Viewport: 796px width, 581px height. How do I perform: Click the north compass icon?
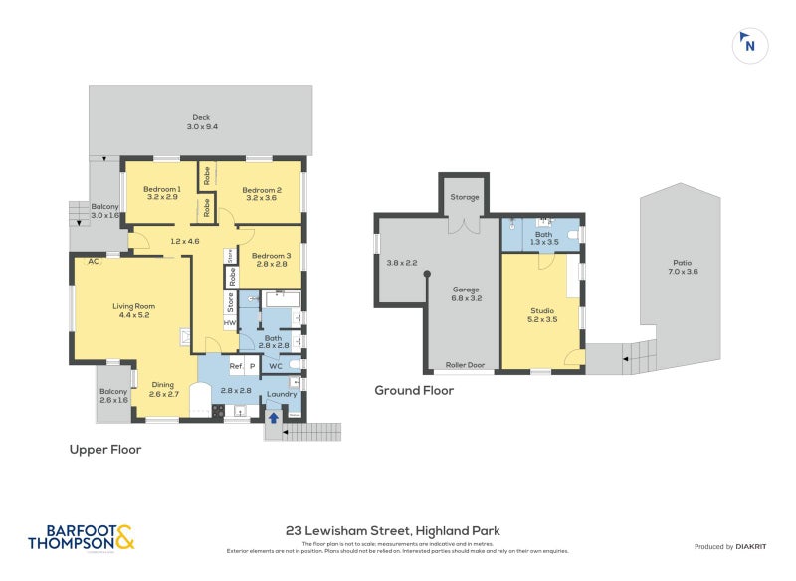(750, 44)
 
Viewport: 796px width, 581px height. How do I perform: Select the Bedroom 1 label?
(161, 189)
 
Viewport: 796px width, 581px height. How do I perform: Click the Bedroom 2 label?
(262, 189)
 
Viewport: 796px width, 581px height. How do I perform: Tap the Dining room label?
(163, 385)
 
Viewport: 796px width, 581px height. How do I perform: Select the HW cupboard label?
(229, 323)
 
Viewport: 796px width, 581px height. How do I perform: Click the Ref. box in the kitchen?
(235, 366)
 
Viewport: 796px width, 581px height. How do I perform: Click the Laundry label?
(282, 394)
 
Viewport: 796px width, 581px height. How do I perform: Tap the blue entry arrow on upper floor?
(275, 418)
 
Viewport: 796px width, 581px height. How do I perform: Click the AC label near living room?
(92, 262)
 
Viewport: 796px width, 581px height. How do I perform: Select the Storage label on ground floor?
(465, 197)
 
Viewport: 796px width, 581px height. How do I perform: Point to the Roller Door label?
(465, 365)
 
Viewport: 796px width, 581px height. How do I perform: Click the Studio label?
(542, 310)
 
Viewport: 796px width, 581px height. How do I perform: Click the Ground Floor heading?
(414, 391)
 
